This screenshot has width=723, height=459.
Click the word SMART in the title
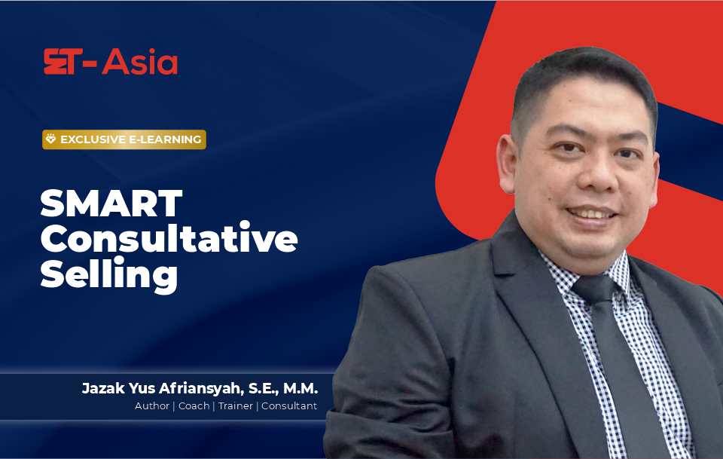click(111, 203)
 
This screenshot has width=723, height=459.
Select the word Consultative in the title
click(169, 238)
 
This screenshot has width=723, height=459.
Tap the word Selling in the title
click(108, 275)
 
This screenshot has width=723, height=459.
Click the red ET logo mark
click(63, 61)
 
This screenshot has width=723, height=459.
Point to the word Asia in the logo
click(140, 61)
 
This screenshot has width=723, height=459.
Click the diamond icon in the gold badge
click(50, 139)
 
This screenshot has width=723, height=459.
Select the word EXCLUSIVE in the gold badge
click(93, 139)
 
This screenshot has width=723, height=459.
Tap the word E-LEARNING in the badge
click(165, 139)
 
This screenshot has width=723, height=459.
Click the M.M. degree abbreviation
click(300, 388)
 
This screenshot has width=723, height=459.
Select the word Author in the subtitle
click(152, 406)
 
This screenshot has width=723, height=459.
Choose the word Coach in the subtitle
click(194, 406)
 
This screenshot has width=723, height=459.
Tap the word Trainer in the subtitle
click(236, 406)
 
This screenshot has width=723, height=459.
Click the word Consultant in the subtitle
click(289, 406)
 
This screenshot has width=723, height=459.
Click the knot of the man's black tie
click(595, 289)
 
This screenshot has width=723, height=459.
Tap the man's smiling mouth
click(592, 213)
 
